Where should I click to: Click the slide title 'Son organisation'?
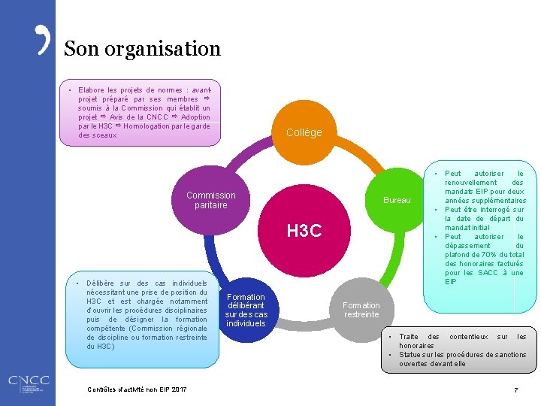pyautogui.click(x=142, y=50)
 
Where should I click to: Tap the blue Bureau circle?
pyautogui.click(x=397, y=200)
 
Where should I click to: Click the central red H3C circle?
pyautogui.click(x=304, y=231)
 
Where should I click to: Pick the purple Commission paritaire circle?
pyautogui.click(x=211, y=200)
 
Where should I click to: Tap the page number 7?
pyautogui.click(x=515, y=389)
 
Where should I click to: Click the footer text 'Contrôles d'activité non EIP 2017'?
pyautogui.click(x=138, y=389)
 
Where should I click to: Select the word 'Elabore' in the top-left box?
pyautogui.click(x=92, y=90)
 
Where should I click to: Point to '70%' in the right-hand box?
pyautogui.click(x=497, y=255)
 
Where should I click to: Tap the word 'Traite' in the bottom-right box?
pyautogui.click(x=409, y=337)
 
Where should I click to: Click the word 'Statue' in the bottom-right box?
pyautogui.click(x=410, y=355)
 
